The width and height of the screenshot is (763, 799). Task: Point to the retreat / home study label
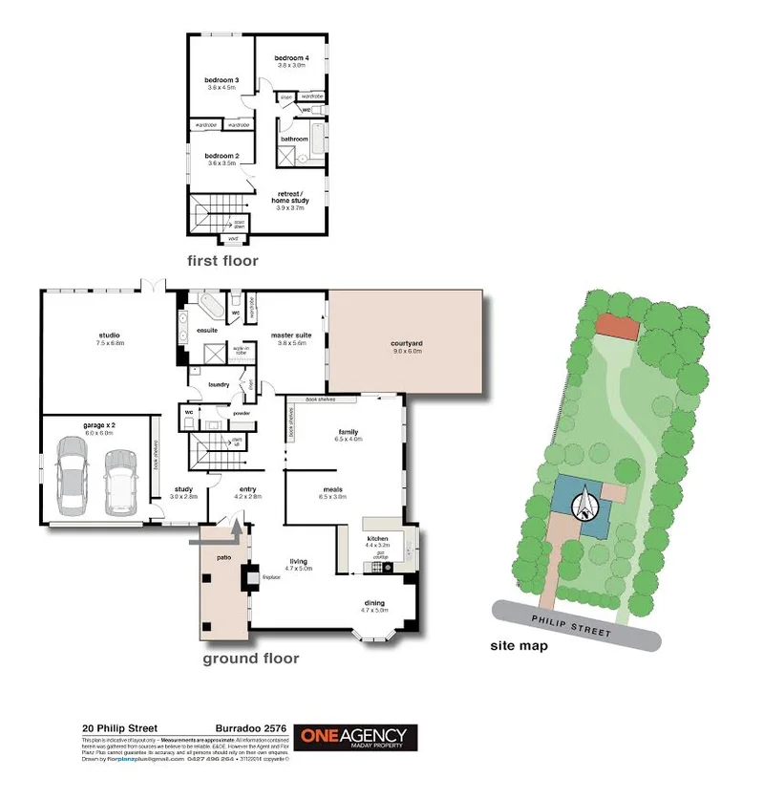[x=289, y=199]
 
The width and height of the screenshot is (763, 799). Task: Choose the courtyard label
[x=407, y=346]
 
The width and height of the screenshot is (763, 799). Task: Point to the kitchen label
[x=378, y=540]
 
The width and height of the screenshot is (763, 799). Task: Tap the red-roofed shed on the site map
[x=617, y=327]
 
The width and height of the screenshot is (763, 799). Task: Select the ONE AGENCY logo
[x=354, y=738]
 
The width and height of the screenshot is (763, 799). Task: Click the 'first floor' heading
[x=223, y=260]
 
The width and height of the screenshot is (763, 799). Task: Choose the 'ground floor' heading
[x=250, y=659]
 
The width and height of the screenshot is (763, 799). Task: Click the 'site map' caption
[x=519, y=645]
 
